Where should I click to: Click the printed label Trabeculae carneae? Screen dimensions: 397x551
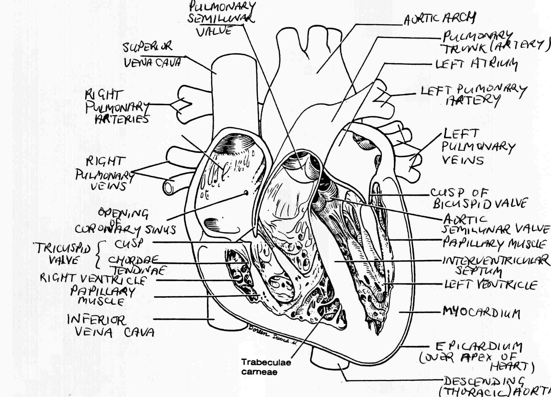coord(266,367)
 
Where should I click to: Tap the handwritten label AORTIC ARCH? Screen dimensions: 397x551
coord(440,19)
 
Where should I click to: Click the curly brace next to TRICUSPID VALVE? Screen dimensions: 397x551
coord(99,254)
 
